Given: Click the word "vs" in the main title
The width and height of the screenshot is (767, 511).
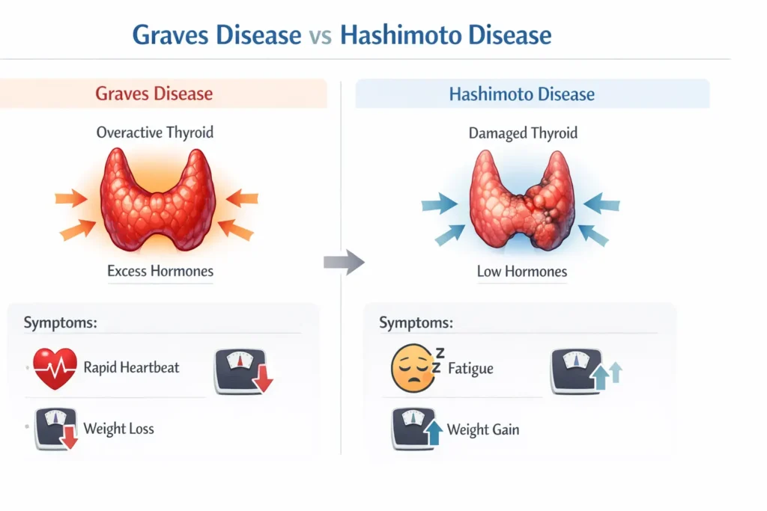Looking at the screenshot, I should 320,35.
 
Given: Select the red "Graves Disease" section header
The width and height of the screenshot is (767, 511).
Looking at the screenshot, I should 154,94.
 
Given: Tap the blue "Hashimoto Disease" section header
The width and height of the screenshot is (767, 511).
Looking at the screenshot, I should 521,95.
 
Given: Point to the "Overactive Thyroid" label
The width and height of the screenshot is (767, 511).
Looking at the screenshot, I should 155,132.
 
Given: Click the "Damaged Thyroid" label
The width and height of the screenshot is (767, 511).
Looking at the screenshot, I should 523,133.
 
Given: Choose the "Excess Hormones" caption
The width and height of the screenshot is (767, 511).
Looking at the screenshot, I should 160,271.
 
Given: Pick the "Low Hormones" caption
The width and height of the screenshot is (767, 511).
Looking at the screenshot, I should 522,271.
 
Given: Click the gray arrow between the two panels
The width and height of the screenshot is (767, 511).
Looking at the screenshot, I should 343,262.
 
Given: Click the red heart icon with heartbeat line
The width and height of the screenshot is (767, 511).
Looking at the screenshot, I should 55,368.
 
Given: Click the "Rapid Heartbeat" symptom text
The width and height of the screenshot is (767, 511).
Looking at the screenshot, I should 131,367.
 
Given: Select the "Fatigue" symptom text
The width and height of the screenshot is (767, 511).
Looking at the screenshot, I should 470,368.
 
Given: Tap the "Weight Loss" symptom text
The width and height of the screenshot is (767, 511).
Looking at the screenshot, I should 118,429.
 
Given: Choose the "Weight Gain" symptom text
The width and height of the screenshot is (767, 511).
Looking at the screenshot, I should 482,429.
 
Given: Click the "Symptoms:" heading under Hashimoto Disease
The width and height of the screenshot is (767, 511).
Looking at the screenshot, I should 416,323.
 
